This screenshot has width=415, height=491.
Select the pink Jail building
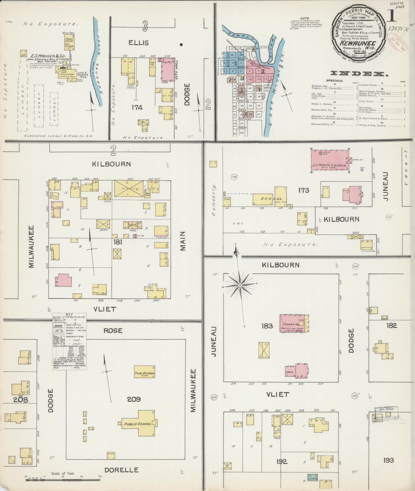(297, 372)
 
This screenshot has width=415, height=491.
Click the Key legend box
(69, 341)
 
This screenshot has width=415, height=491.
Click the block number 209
(134, 399)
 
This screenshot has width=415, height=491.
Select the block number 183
(267, 326)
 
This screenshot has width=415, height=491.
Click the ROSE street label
(113, 330)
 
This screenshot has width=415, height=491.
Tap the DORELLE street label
(121, 470)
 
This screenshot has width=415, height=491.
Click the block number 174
(137, 107)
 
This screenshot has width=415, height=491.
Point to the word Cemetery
(214, 199)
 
